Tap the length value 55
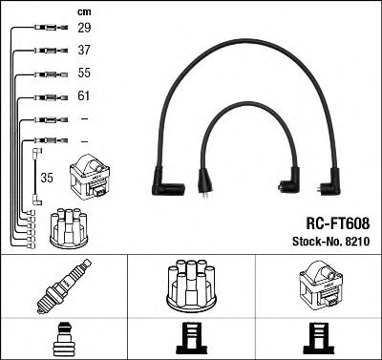tap(83, 74)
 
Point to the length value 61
tap(83, 96)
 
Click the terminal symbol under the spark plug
tap(63, 338)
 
